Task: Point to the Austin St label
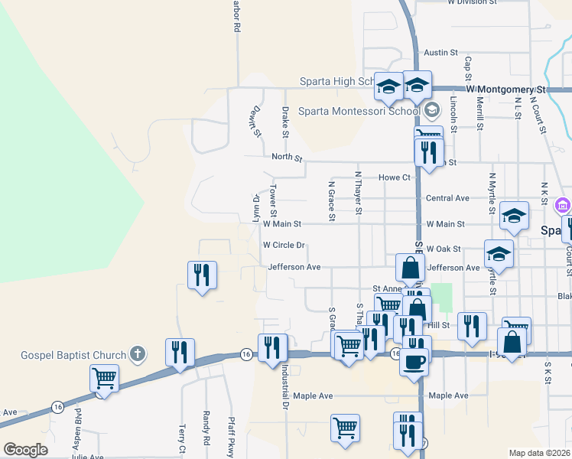click(x=440, y=53)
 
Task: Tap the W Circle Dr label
click(x=284, y=246)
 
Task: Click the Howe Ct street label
click(x=395, y=177)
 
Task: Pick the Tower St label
click(x=272, y=200)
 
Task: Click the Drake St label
click(x=285, y=123)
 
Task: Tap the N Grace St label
click(x=332, y=201)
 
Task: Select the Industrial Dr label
click(x=283, y=386)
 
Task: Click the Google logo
click(x=25, y=450)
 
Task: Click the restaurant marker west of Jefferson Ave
click(x=202, y=276)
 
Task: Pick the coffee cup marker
click(x=414, y=362)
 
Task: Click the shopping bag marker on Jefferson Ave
click(x=410, y=269)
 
